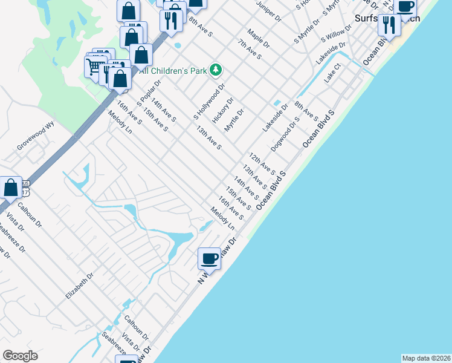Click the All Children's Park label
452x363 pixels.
point(173,71)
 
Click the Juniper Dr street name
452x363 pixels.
point(269,10)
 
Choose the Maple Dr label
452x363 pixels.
point(258,38)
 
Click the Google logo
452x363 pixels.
point(20,356)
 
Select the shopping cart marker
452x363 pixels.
point(95,66)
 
